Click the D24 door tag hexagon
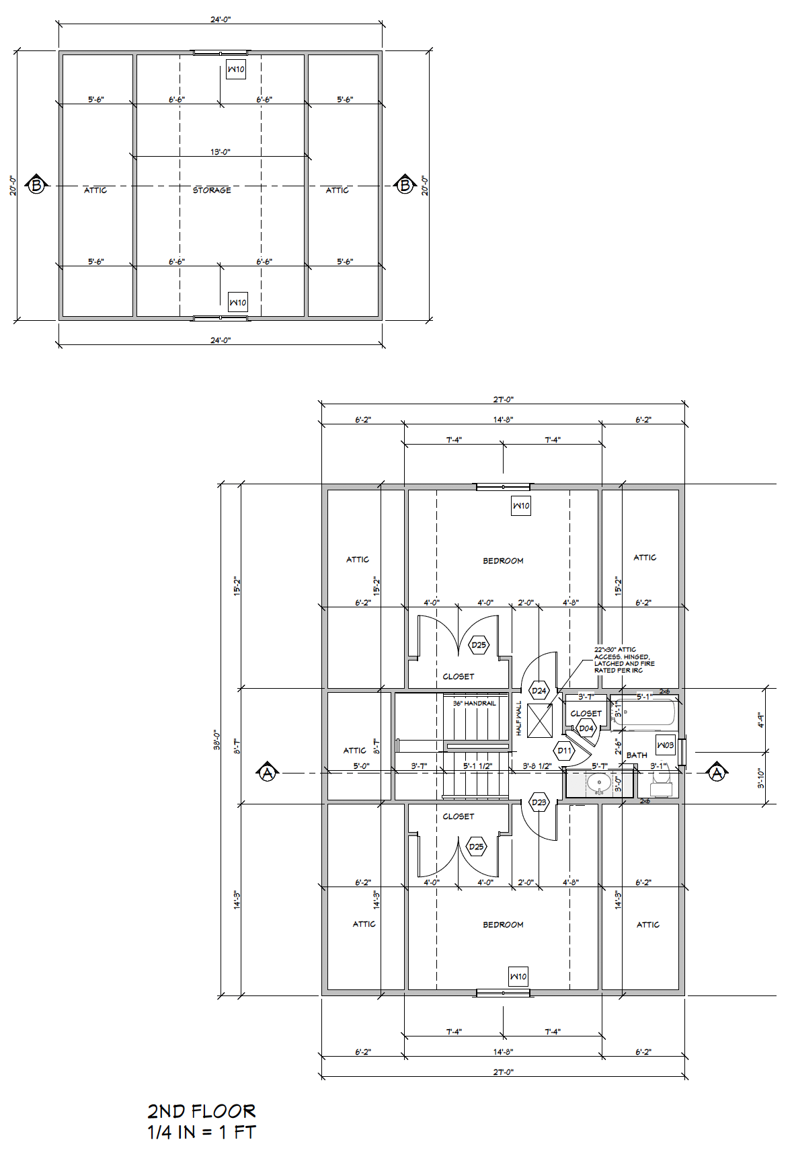click(x=539, y=690)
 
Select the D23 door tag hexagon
click(x=539, y=802)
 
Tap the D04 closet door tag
click(x=586, y=728)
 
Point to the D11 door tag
click(x=564, y=751)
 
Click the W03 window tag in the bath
click(x=665, y=745)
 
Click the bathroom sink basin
click(x=598, y=782)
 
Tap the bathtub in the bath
click(x=645, y=712)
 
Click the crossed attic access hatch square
click(x=539, y=720)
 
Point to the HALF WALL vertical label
click(x=519, y=718)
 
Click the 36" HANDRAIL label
click(x=474, y=703)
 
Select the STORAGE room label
click(x=212, y=190)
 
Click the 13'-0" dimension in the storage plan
click(x=220, y=152)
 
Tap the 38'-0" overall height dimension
click(x=217, y=740)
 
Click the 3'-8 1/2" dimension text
click(x=537, y=765)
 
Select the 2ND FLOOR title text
click(x=202, y=1111)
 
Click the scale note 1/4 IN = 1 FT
click(x=202, y=1133)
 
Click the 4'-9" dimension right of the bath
click(x=760, y=720)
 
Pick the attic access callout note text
click(x=623, y=660)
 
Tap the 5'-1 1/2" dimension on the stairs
click(x=477, y=765)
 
